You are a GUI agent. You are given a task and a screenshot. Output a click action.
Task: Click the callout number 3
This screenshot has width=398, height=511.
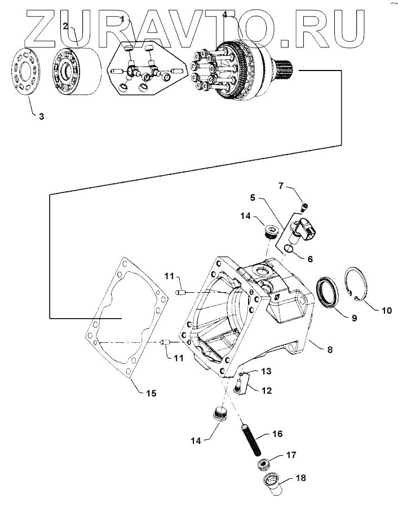click(41, 117)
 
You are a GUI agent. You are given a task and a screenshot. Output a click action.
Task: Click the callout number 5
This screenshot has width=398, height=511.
click(253, 198)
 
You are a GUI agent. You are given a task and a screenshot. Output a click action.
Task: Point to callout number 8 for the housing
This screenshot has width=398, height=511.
click(330, 350)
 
